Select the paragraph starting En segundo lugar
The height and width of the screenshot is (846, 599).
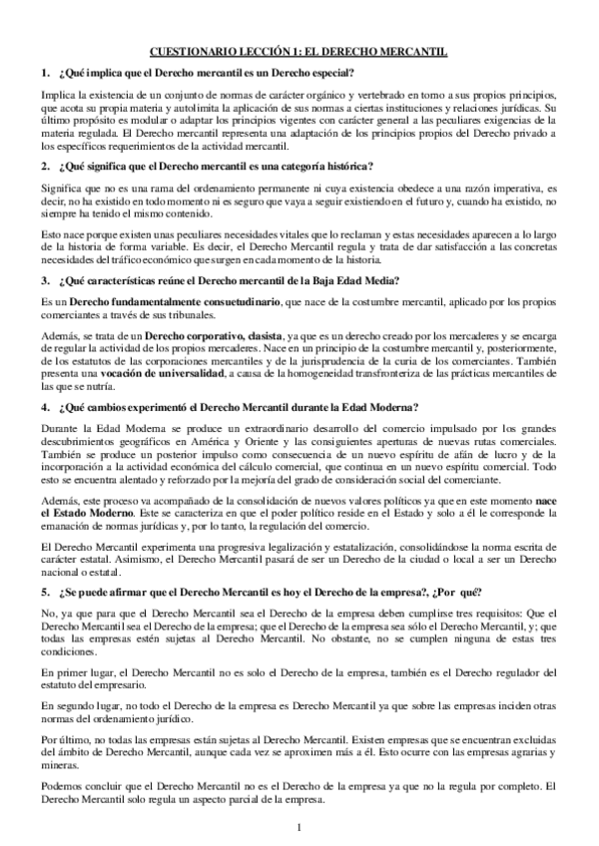[299, 712]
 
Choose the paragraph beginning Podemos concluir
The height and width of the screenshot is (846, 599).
[299, 791]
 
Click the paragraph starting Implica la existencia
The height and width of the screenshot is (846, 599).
[299, 120]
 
